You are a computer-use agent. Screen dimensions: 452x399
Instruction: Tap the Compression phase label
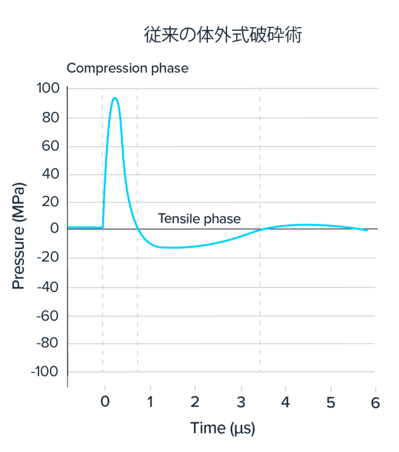click(127, 68)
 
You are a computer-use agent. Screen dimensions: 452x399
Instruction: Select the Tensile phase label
click(199, 218)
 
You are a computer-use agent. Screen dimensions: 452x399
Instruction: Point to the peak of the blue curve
click(115, 98)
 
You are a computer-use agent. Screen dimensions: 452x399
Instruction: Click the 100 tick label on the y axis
click(48, 88)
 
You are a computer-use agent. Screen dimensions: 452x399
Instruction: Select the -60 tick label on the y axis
click(47, 315)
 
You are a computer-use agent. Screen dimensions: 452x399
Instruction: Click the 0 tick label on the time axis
click(105, 403)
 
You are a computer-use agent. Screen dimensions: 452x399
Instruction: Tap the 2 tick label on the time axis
click(195, 403)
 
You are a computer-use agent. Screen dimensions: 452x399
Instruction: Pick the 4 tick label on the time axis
click(285, 403)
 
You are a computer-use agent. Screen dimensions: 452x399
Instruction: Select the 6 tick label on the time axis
click(375, 403)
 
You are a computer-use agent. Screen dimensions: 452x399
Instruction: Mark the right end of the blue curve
click(367, 230)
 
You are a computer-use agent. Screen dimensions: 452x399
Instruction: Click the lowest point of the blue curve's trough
click(171, 248)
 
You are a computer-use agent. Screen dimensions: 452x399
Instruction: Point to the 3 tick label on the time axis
click(241, 403)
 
